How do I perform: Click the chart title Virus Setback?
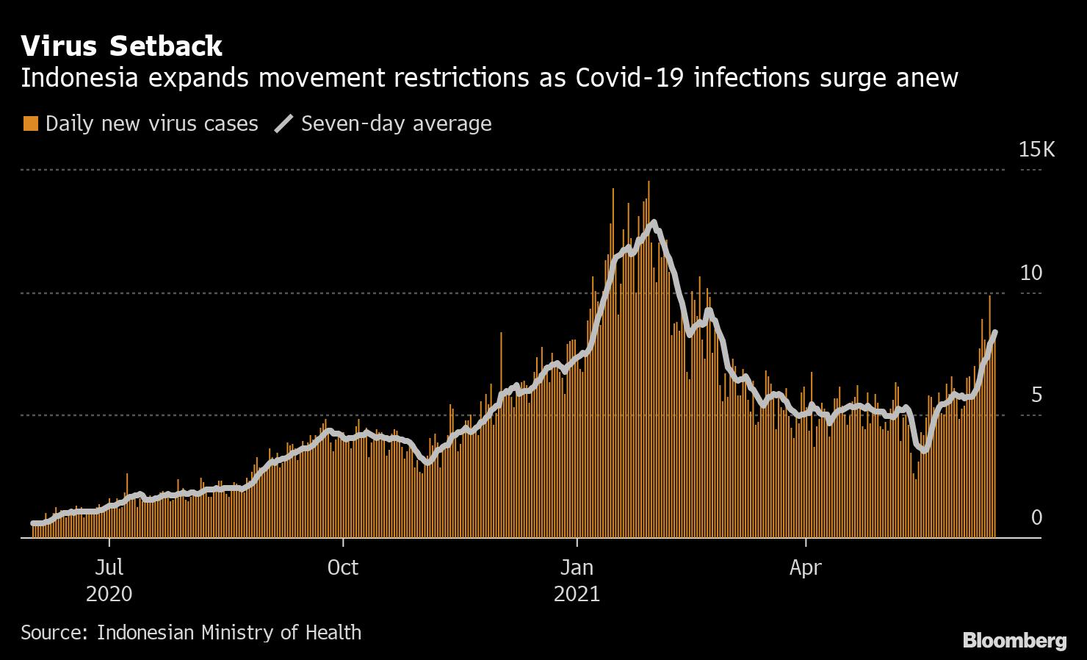tap(121, 46)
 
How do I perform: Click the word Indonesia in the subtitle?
tap(79, 77)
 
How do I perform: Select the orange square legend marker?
tap(30, 123)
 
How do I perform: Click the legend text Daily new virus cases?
tap(151, 123)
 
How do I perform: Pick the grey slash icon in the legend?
tap(284, 123)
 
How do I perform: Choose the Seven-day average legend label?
tap(396, 123)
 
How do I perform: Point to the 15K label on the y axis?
tap(1036, 150)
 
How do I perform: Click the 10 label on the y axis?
tap(1030, 273)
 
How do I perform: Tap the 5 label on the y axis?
tap(1036, 395)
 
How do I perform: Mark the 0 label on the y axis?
tap(1036, 517)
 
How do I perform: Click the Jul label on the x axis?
tap(109, 567)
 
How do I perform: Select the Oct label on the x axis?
tap(342, 567)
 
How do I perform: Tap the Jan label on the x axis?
tap(577, 567)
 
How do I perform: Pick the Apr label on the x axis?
tap(805, 567)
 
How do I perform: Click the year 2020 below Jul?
tap(109, 593)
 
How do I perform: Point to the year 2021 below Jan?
tap(577, 593)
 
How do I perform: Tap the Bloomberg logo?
tap(1014, 640)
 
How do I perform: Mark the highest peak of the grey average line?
tap(653, 222)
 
